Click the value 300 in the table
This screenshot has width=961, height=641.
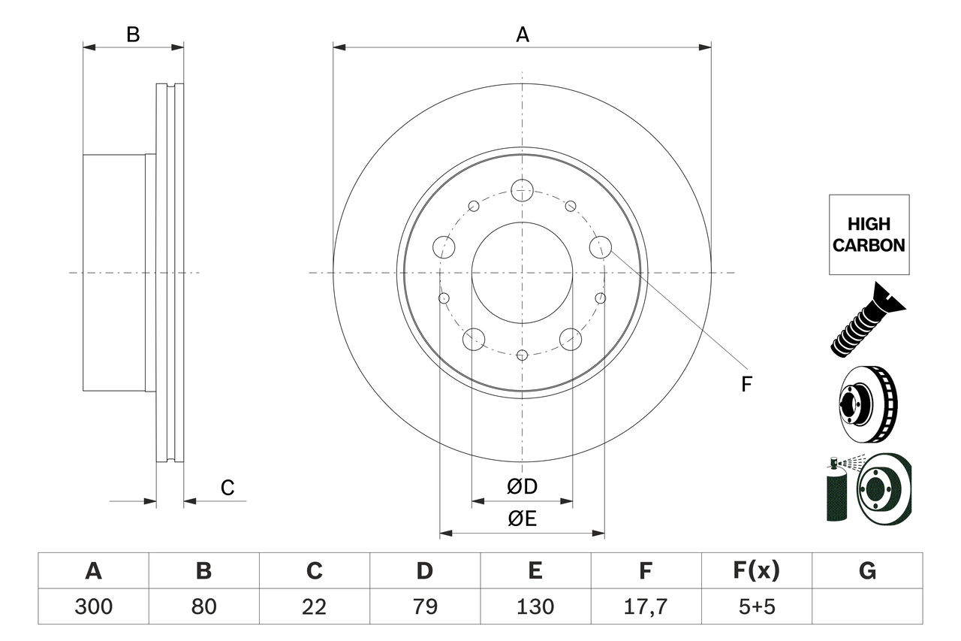point(93,606)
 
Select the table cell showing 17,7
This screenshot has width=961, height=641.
point(645,606)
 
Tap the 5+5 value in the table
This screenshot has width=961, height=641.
point(756,606)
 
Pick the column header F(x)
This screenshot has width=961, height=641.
point(756,571)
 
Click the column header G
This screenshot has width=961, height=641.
point(867,571)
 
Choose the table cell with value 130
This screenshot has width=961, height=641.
point(535,606)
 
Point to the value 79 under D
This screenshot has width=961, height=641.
point(424,606)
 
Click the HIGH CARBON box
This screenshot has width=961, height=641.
point(869,234)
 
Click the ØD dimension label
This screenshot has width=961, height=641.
point(523,487)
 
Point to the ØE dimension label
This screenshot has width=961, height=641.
point(523,519)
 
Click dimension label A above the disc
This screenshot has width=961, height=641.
point(523,35)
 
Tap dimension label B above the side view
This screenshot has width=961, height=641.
point(133,35)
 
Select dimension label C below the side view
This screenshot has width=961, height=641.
point(227,488)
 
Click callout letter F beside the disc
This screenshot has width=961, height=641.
point(746,384)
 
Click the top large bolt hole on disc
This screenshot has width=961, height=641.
point(523,190)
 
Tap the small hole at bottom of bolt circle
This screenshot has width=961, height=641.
point(523,355)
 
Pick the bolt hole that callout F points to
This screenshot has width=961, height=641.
point(601,246)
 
